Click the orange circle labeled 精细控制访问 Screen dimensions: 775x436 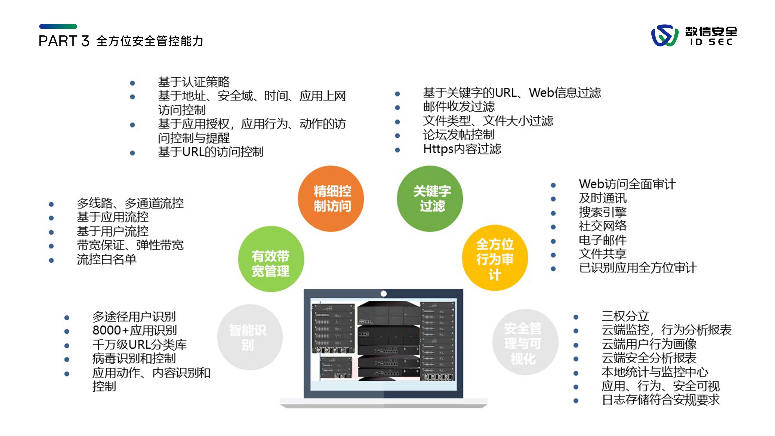pyautogui.click(x=331, y=199)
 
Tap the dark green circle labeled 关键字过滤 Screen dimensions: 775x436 pyautogui.click(x=430, y=199)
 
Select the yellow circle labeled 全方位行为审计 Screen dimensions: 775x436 pyautogui.click(x=495, y=258)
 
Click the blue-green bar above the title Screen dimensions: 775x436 pyautogui.click(x=58, y=27)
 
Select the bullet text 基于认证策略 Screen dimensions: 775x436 pyautogui.click(x=194, y=82)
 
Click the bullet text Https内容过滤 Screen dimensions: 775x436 pyautogui.click(x=462, y=149)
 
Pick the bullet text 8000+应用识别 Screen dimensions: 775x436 pyautogui.click(x=134, y=330)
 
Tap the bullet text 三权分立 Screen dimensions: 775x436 pyautogui.click(x=625, y=316)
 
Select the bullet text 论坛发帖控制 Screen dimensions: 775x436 pyautogui.click(x=459, y=135)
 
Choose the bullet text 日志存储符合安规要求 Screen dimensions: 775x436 pyautogui.click(x=661, y=400)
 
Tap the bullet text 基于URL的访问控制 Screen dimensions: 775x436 pyautogui.click(x=211, y=152)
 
